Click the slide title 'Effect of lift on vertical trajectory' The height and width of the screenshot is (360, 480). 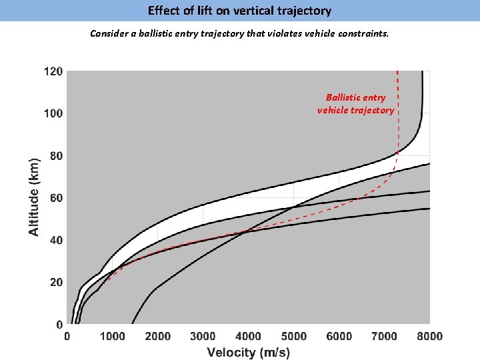(x=239, y=11)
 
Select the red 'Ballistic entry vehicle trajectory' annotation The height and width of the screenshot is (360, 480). (x=355, y=104)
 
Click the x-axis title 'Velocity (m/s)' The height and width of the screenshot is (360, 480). (x=248, y=352)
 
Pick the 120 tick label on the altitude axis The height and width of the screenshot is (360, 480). (x=53, y=71)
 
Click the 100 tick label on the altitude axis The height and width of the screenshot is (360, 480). (x=53, y=113)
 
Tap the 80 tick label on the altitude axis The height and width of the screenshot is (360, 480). (x=56, y=156)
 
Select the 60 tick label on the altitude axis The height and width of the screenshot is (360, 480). (x=56, y=198)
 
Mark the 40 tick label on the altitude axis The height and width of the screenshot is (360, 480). (x=56, y=240)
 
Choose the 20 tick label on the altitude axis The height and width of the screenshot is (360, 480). (x=56, y=283)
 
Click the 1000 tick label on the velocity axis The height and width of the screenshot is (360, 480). (x=112, y=337)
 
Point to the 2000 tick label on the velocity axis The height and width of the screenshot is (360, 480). (x=157, y=337)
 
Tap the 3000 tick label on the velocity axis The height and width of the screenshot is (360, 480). (x=203, y=337)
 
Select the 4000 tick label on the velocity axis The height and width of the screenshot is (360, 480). (x=248, y=337)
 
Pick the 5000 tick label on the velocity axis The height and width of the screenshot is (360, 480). (x=293, y=337)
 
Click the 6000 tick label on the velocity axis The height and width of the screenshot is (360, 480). (x=339, y=337)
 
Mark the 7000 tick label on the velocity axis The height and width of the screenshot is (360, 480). (x=384, y=337)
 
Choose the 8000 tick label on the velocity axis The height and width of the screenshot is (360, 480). (x=429, y=337)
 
